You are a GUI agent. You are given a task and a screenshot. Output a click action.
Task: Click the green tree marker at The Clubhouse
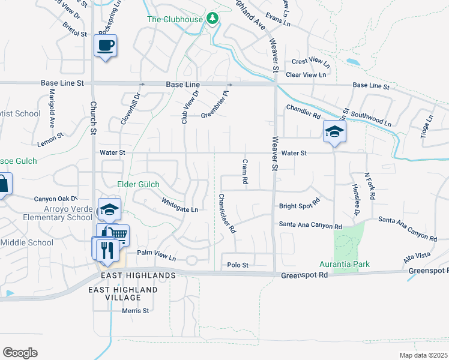[212, 19]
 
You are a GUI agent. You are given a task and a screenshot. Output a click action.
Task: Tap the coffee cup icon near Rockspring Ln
[105, 46]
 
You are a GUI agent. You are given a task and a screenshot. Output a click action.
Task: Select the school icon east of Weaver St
[334, 132]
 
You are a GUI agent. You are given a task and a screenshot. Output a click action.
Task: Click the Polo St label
[238, 265]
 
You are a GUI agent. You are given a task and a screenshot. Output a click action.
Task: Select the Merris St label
[135, 311]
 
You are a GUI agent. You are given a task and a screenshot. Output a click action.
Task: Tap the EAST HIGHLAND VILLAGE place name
[123, 293]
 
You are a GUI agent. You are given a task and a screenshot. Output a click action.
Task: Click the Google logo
[20, 353]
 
